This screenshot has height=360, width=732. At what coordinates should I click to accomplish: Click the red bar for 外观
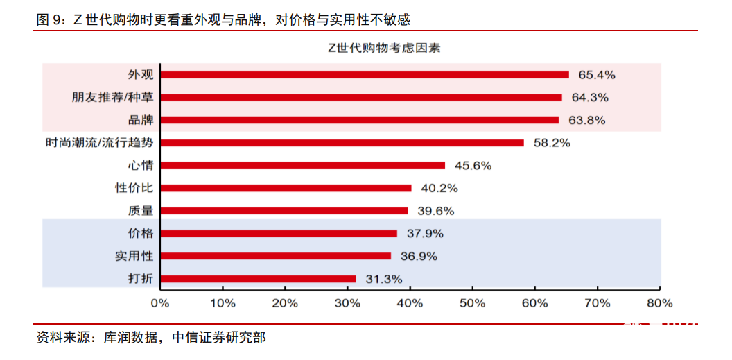tap(364, 74)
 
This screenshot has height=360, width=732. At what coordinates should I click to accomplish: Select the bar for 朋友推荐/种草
tap(360, 97)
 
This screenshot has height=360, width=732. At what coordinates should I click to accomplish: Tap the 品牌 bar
tap(359, 120)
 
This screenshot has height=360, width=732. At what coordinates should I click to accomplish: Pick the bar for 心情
tap(302, 165)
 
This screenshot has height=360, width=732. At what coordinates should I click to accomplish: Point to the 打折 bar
tap(257, 279)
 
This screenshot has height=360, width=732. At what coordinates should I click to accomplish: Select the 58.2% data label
tap(551, 143)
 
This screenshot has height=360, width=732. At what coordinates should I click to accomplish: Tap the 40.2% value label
tap(439, 188)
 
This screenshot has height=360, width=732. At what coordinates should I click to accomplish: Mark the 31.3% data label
tap(383, 279)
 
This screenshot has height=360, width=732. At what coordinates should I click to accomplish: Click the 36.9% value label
tap(418, 256)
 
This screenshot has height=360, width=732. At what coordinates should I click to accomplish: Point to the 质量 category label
tap(141, 211)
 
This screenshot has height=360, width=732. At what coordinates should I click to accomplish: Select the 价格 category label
tap(141, 233)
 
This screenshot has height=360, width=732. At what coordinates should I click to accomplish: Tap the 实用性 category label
tap(134, 256)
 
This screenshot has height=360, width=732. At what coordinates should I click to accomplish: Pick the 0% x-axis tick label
tap(160, 302)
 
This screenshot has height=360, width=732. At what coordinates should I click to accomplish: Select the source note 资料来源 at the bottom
tap(150, 338)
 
